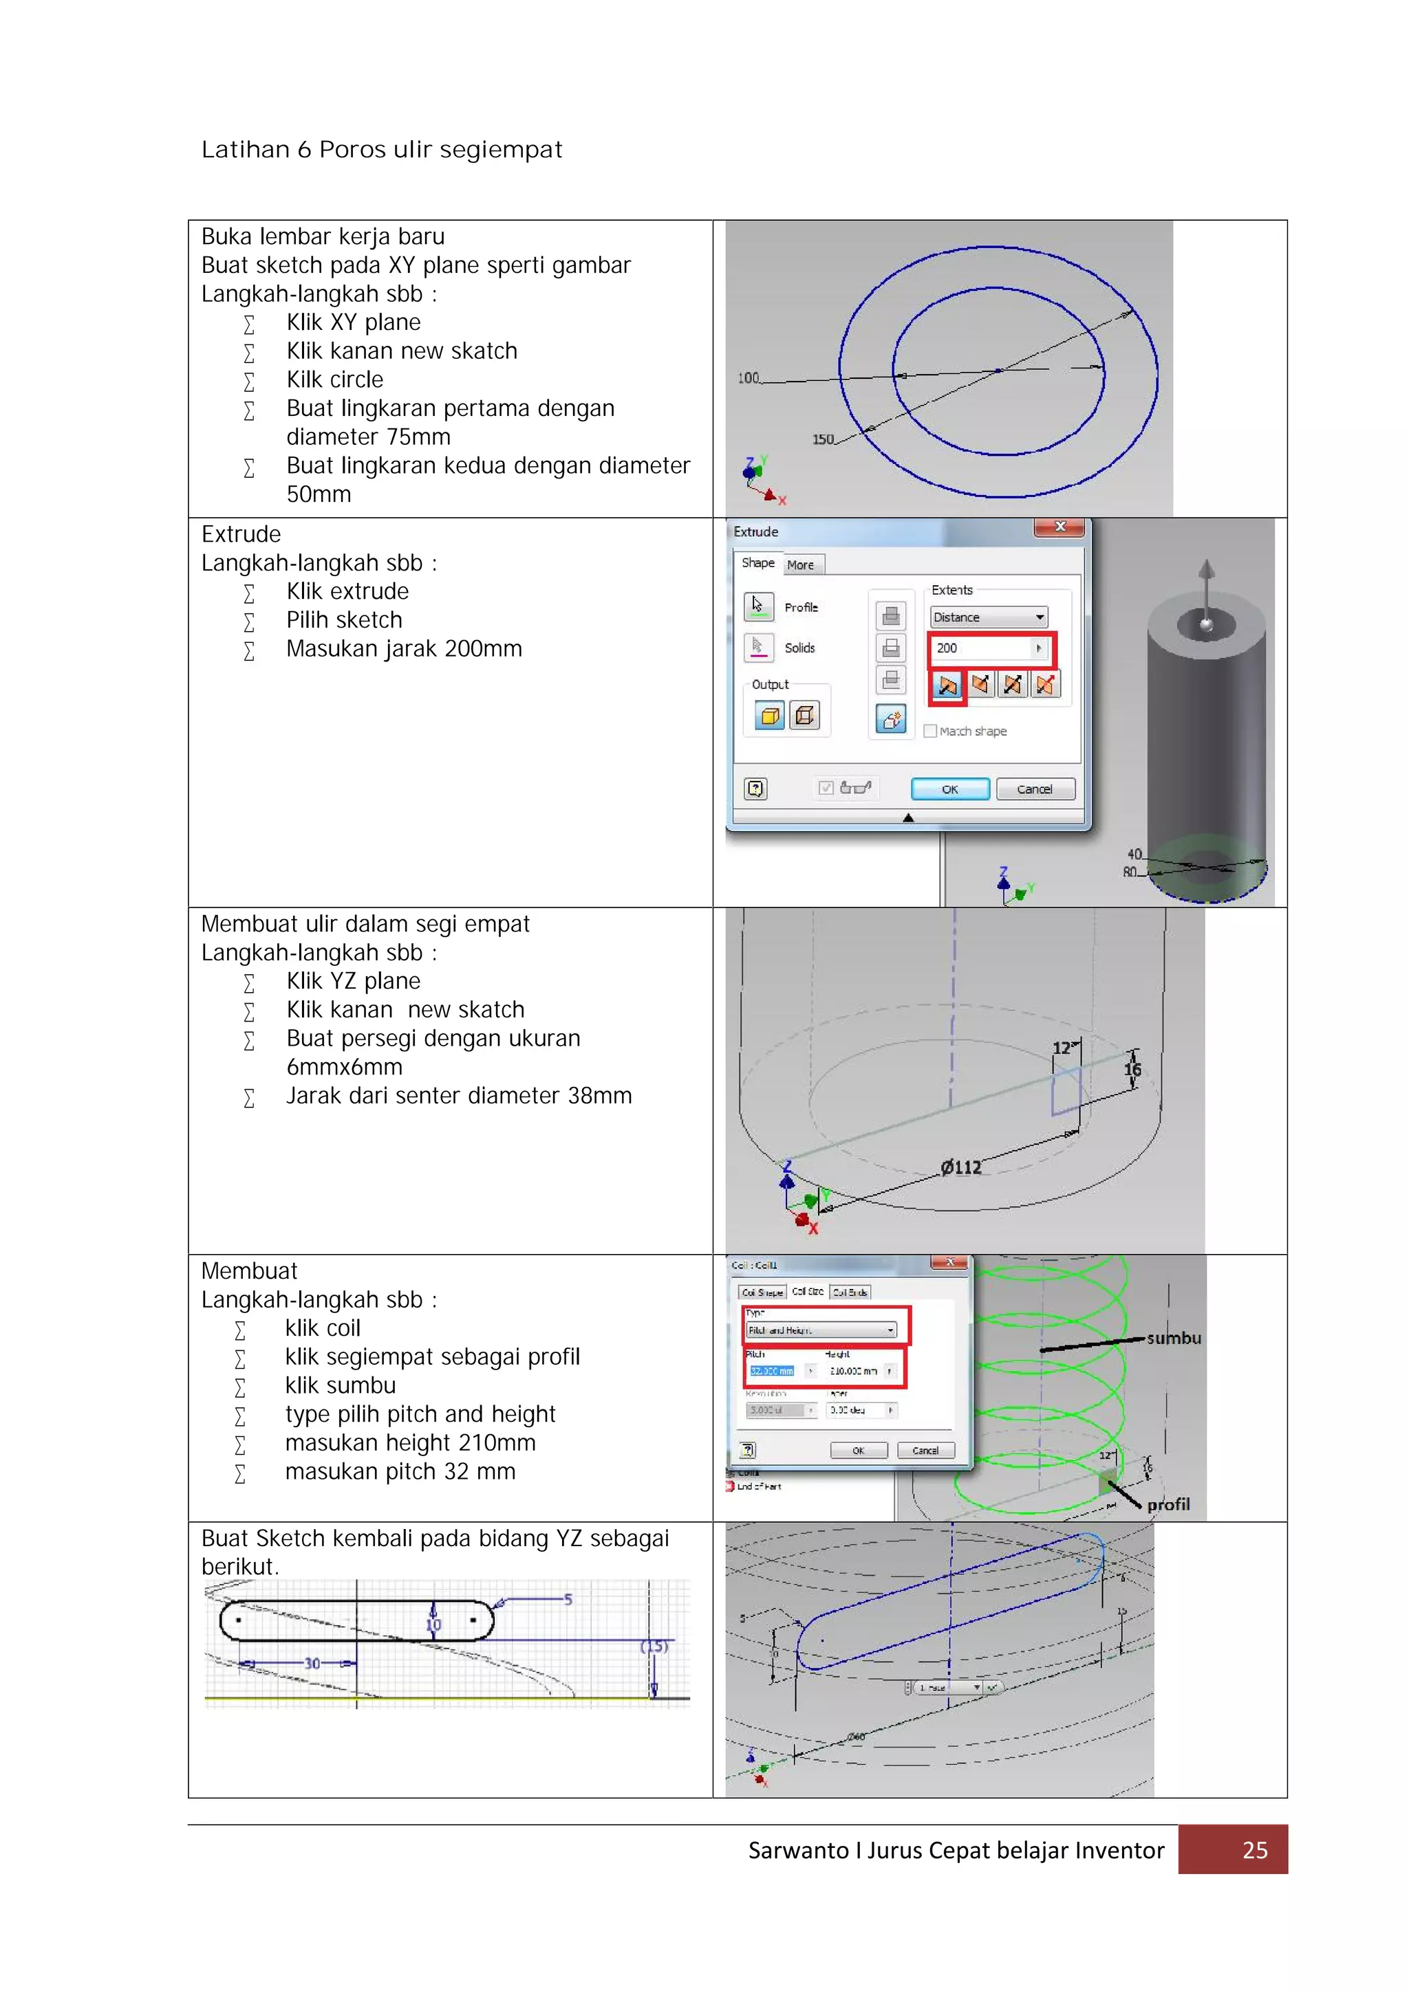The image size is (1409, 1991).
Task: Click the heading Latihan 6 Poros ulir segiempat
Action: (382, 150)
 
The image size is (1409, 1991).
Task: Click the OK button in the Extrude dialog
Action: (949, 789)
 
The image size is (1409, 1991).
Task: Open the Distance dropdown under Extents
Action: (1039, 617)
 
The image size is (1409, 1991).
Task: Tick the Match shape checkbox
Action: (930, 731)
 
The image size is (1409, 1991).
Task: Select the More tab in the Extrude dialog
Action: (801, 565)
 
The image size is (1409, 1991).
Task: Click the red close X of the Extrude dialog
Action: (1060, 527)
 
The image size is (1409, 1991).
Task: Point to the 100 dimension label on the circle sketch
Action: (748, 378)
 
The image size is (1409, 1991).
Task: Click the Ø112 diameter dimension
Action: (961, 1167)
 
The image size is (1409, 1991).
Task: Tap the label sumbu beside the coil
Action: (1173, 1338)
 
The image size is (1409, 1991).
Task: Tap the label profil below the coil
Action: (1168, 1504)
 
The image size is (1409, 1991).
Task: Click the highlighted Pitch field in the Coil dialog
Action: (771, 1371)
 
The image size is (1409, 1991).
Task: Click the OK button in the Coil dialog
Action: (858, 1450)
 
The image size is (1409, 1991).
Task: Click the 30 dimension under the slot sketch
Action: (312, 1663)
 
